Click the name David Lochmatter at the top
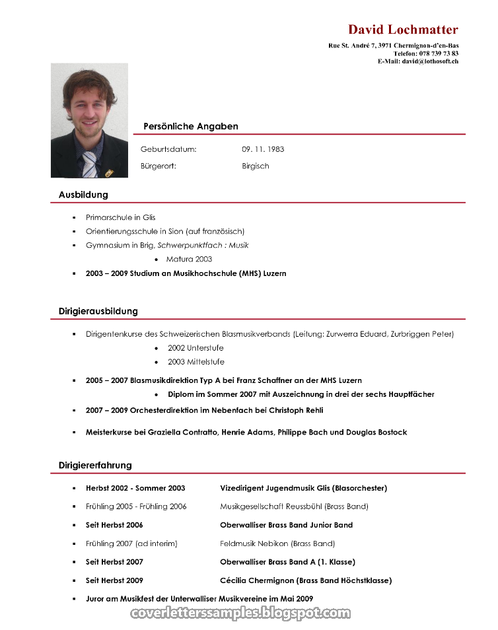coord(403,30)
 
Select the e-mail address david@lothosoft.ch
coord(430,61)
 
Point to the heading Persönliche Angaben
coord(190,126)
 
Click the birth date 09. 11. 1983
coord(263,149)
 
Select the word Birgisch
coord(256,166)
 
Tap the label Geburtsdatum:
coord(168,149)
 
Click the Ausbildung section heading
coord(83,195)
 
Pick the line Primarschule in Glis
coord(120,217)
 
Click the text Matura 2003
coord(189,260)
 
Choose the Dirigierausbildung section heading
coord(98,311)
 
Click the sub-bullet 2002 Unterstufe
coord(196,348)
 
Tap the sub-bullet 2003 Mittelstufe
coord(196,362)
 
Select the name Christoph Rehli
coord(296,410)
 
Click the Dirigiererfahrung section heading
coord(95,465)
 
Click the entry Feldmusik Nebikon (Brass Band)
coord(277,543)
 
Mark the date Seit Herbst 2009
coord(114,580)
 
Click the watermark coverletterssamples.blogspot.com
coord(241,613)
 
